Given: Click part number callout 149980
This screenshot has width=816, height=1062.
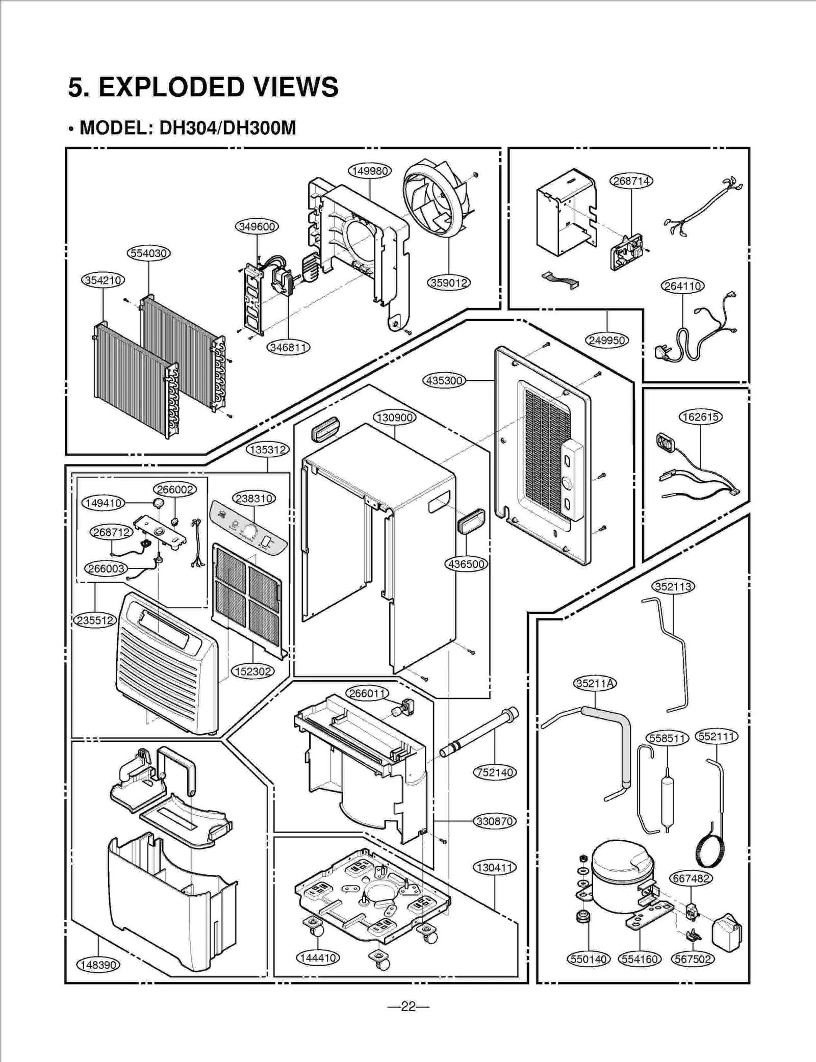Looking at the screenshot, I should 370,171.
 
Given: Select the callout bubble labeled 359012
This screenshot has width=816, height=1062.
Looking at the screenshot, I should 448,282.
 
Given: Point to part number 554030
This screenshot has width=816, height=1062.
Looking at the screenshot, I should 148,253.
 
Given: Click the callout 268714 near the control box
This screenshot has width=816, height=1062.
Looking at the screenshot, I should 631,181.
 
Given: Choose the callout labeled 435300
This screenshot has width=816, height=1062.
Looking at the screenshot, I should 444,380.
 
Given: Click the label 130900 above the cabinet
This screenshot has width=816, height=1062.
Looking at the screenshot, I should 395,418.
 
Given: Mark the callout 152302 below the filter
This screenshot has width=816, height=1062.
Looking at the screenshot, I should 253,671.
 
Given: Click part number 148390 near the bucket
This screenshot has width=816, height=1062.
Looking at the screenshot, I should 98,965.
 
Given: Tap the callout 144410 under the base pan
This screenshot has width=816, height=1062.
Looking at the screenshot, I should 318,958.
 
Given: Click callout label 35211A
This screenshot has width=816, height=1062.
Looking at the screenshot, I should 595,683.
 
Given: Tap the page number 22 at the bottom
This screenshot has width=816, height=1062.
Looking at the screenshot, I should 408,1006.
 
